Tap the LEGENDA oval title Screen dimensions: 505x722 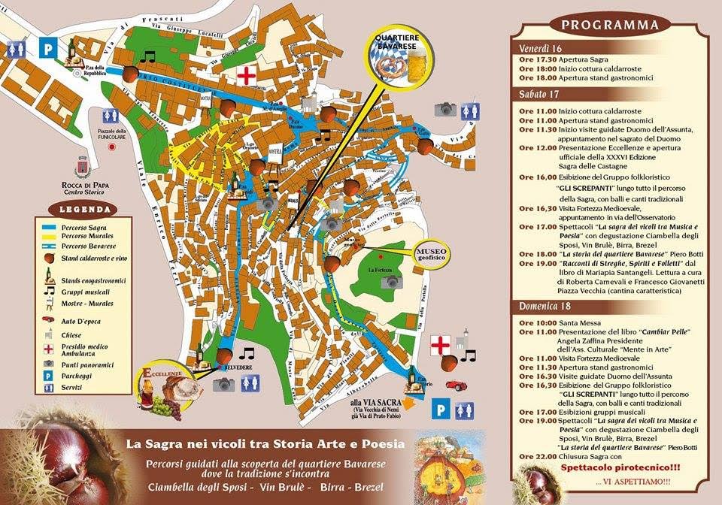[x=79, y=209]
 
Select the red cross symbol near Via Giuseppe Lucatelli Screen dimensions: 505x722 [x=246, y=76]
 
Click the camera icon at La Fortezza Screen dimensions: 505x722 [x=390, y=282]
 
